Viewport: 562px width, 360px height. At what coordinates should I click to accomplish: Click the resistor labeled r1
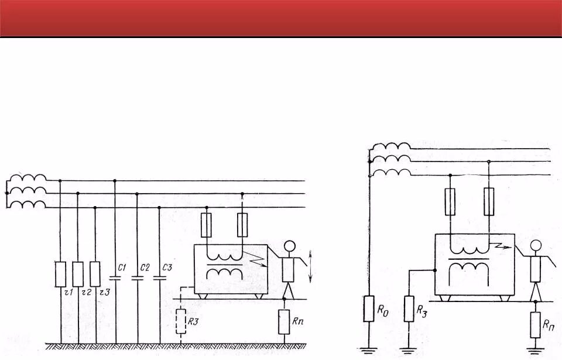[x=61, y=273]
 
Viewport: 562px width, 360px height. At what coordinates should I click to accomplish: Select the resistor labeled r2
[x=78, y=273]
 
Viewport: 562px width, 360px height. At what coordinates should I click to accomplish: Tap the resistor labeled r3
[x=95, y=273]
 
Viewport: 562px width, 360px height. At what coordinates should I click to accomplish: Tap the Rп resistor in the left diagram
[x=284, y=321]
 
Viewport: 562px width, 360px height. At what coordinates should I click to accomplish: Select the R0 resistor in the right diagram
[x=368, y=308]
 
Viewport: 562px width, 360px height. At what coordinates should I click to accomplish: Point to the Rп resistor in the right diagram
[x=536, y=325]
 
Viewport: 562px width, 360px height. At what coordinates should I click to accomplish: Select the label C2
[x=145, y=268]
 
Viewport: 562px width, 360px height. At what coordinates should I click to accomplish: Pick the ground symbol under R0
[x=368, y=349]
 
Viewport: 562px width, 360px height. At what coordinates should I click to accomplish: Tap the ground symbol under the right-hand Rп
[x=536, y=349]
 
